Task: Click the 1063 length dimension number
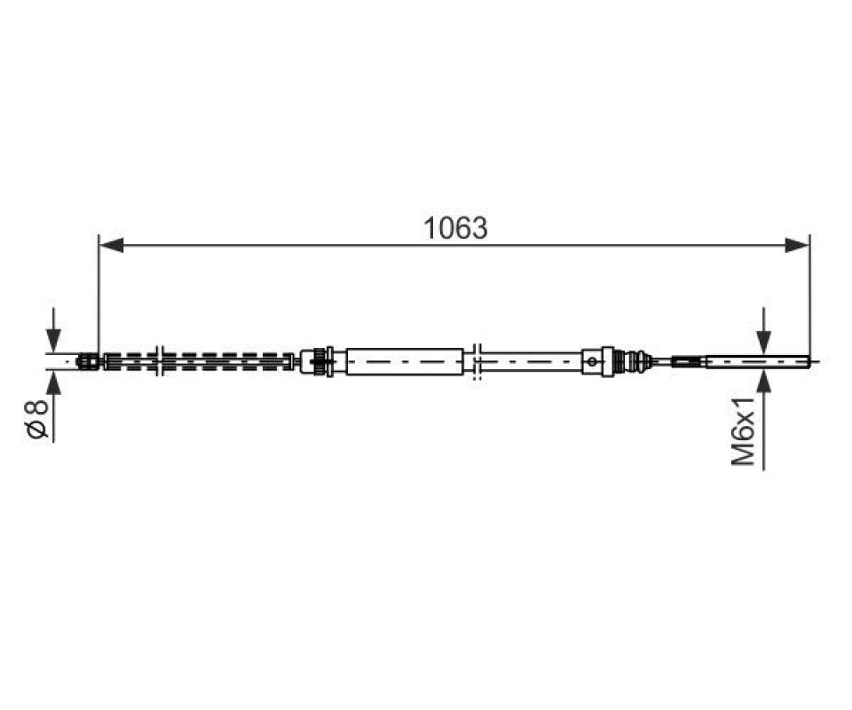(455, 228)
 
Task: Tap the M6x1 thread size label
(744, 430)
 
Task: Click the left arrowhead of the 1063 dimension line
(112, 245)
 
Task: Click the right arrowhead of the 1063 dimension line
(797, 245)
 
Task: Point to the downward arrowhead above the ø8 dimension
(53, 341)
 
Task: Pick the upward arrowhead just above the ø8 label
(53, 383)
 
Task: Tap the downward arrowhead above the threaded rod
(764, 341)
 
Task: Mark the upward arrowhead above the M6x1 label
(764, 382)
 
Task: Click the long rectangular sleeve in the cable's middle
(405, 361)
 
